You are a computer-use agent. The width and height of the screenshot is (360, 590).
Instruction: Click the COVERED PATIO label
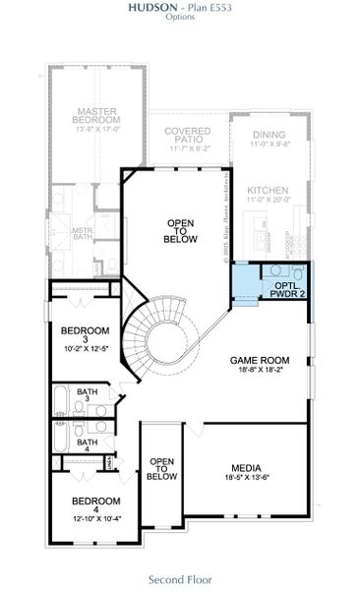[x=188, y=137]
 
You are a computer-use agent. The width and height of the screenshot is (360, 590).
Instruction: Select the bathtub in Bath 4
[x=60, y=437]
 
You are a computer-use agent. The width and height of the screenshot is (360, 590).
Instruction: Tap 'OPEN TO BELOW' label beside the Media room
[x=161, y=469]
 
